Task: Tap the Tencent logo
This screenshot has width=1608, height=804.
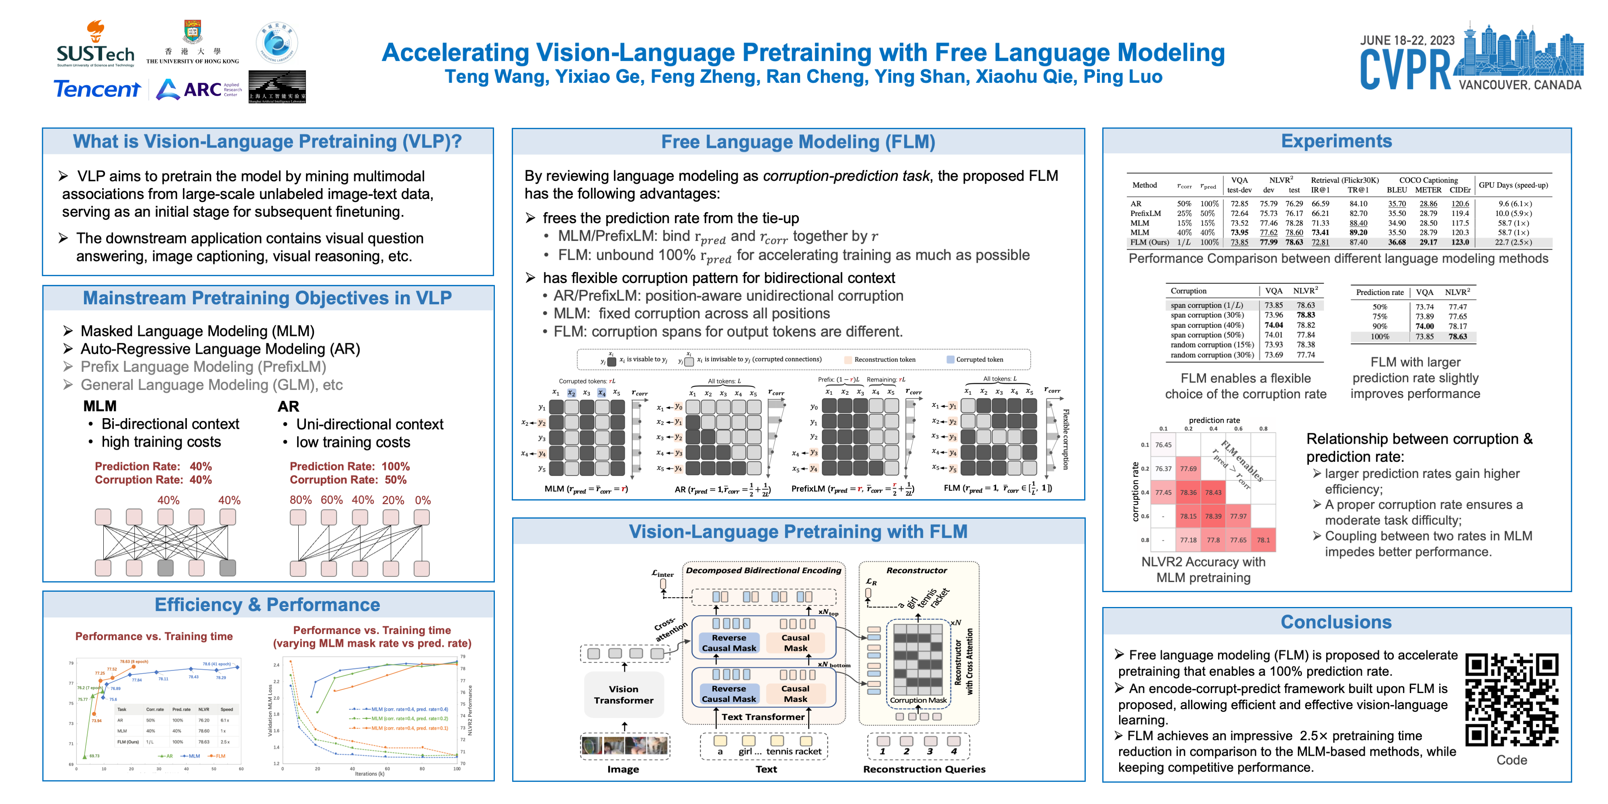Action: [x=97, y=89]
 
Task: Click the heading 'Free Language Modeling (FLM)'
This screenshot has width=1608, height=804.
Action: [x=798, y=142]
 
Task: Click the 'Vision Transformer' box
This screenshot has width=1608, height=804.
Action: [x=624, y=695]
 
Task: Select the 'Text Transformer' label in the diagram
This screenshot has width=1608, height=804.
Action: [x=763, y=717]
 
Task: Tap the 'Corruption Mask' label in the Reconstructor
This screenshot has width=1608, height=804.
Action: [x=918, y=700]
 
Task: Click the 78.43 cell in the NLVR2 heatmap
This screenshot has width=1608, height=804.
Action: [x=1213, y=492]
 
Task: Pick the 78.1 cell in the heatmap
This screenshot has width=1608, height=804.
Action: [x=1263, y=540]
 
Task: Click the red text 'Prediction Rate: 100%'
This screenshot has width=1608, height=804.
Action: [x=350, y=466]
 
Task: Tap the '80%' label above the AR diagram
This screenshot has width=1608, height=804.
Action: [x=300, y=500]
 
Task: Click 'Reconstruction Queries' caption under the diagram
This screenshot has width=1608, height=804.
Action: [x=924, y=769]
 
